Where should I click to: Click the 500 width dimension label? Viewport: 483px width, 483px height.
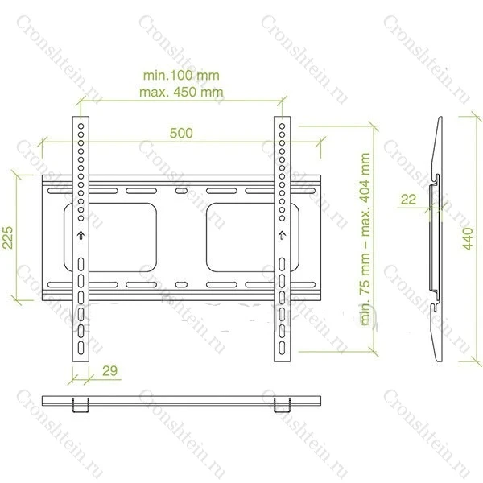tap(181, 133)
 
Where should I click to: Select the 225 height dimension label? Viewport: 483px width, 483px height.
tap(8, 237)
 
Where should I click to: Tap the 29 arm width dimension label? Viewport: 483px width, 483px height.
tap(110, 370)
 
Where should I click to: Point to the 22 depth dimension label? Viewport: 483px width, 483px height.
tap(408, 200)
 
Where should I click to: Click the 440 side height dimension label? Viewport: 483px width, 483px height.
tap(468, 239)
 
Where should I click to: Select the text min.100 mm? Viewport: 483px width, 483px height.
tap(181, 76)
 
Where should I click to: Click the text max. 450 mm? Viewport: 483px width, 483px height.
tap(181, 92)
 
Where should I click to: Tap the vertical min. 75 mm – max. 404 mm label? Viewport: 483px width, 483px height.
tap(365, 239)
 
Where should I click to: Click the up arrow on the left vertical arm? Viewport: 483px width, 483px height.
tap(80, 236)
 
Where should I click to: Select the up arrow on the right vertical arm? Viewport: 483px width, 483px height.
tap(282, 236)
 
